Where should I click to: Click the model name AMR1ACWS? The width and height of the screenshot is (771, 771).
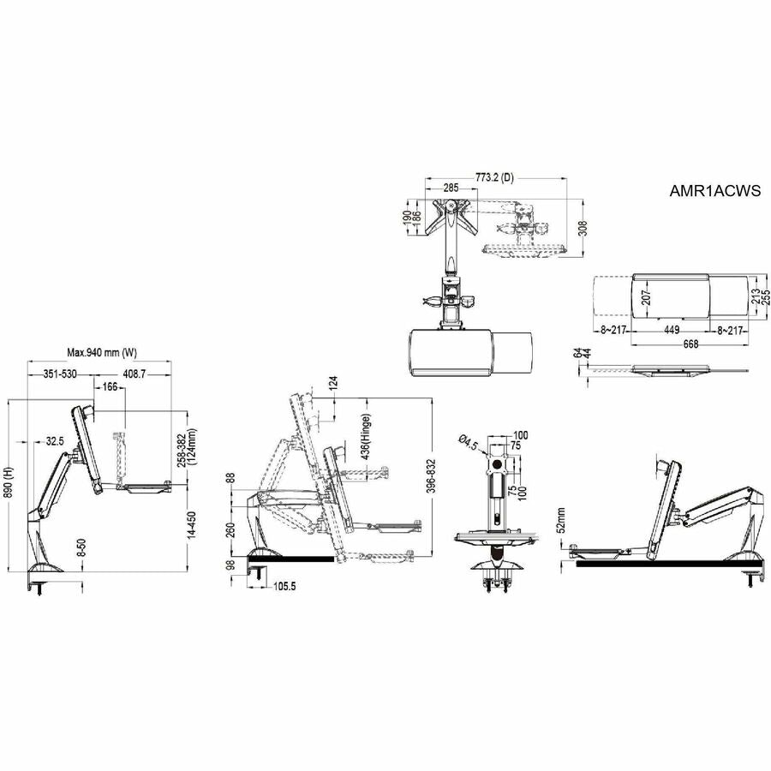pos(715,192)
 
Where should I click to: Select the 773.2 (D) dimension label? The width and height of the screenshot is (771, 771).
pos(494,177)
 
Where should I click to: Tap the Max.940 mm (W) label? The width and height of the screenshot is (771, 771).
pos(102,352)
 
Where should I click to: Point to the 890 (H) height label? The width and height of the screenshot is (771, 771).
pos(10,485)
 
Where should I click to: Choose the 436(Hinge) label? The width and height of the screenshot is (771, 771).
pos(367,439)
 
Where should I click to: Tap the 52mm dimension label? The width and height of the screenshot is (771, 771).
pos(561,518)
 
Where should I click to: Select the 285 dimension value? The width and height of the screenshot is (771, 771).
pos(451,187)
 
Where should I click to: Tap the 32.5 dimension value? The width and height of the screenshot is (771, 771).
pos(55,441)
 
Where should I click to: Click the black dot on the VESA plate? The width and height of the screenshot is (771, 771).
pos(495,467)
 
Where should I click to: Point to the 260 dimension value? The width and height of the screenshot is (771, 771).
pos(230,529)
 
